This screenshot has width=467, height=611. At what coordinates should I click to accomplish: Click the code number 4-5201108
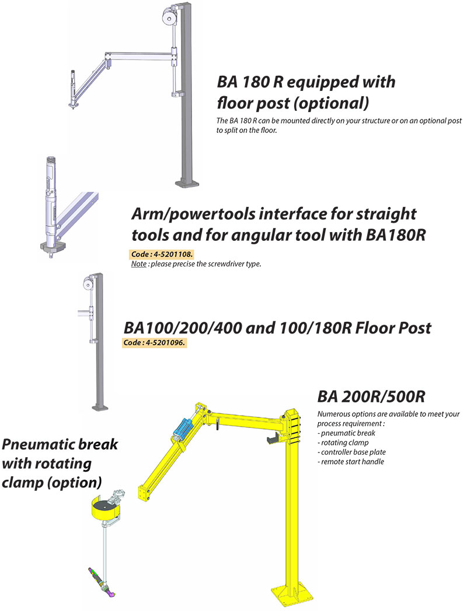pos(172,254)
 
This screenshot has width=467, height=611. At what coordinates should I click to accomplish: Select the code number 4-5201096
pos(165,342)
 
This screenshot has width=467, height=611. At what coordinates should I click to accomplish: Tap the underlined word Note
pos(138,264)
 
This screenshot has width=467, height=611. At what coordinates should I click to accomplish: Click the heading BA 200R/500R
pos(371,396)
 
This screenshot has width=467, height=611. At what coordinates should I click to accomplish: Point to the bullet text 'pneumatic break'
pos(348,433)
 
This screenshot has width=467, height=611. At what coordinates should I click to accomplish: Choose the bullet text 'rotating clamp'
pos(344,443)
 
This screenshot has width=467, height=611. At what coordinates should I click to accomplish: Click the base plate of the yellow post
pos(292,594)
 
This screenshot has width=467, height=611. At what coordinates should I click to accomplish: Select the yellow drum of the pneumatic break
pos(103,508)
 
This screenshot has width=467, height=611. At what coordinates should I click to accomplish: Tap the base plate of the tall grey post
pos(187,182)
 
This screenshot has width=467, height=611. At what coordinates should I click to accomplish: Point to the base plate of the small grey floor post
pos(100,408)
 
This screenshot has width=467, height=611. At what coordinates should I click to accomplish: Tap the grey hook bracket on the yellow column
pos(275,438)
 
